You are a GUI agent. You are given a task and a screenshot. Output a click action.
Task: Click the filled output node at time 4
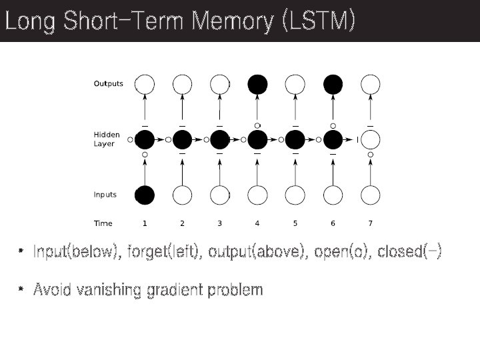click(x=257, y=84)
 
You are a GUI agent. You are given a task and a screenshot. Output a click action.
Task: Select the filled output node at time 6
click(x=333, y=84)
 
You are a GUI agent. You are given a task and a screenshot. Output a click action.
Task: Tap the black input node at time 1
click(x=145, y=195)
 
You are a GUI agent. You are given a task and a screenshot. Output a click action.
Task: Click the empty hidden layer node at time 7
click(x=371, y=140)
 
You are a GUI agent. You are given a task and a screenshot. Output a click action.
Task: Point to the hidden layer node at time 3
click(x=220, y=140)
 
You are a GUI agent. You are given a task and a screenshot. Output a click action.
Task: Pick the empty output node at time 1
click(x=145, y=84)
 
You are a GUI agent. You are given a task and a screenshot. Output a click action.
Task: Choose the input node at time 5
click(x=295, y=195)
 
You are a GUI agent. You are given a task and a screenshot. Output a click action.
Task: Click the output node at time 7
click(x=371, y=84)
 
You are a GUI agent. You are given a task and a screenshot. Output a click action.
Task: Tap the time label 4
click(x=257, y=223)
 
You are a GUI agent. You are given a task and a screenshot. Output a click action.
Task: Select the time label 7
click(x=371, y=223)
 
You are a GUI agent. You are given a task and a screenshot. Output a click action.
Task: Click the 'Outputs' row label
click(x=108, y=84)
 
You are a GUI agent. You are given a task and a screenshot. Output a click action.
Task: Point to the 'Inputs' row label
click(x=105, y=195)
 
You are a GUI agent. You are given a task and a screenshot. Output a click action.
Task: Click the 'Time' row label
click(x=103, y=223)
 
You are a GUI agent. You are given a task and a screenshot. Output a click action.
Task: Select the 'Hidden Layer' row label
click(x=105, y=139)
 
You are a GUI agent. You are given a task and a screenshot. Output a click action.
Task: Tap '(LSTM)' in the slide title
click(x=318, y=21)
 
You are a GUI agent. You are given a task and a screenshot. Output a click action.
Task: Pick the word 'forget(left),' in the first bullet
click(x=165, y=252)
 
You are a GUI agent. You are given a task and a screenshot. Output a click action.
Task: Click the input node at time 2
click(x=182, y=195)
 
